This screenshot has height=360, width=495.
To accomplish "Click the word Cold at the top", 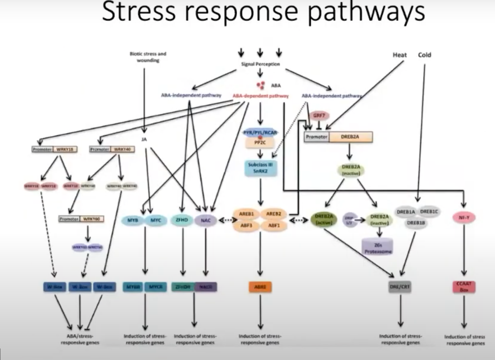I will click(424, 54).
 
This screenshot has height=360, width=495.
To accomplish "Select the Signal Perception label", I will click(260, 64).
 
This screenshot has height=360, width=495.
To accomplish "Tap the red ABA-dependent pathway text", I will click(261, 96).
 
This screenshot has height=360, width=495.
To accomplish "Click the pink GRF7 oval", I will click(319, 116).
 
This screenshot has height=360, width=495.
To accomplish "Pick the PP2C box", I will click(260, 143).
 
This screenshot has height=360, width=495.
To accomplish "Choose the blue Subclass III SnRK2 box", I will click(260, 168).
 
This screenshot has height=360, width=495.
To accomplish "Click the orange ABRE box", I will click(260, 287).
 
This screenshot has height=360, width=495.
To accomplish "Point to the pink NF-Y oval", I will click(463, 218).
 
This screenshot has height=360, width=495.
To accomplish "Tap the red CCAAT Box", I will click(463, 287).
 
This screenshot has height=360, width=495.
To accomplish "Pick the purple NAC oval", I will click(206, 221).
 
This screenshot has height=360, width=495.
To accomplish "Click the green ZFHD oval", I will click(182, 221).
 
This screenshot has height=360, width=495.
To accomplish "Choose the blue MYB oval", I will click(133, 221).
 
